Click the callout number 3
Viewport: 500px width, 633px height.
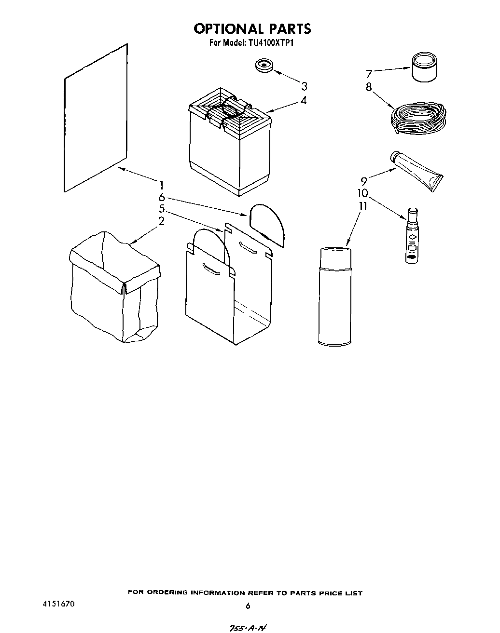(304, 86)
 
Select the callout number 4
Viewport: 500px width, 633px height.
(304, 101)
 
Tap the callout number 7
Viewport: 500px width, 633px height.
(369, 74)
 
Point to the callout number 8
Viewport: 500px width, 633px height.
(369, 87)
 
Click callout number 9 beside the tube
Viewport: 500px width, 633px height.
(364, 181)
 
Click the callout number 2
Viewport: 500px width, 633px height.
(162, 221)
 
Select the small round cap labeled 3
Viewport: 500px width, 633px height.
(264, 66)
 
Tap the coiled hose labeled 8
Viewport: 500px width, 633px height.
(418, 119)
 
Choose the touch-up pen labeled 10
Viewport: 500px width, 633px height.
(412, 235)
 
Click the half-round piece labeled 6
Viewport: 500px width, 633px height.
(267, 222)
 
